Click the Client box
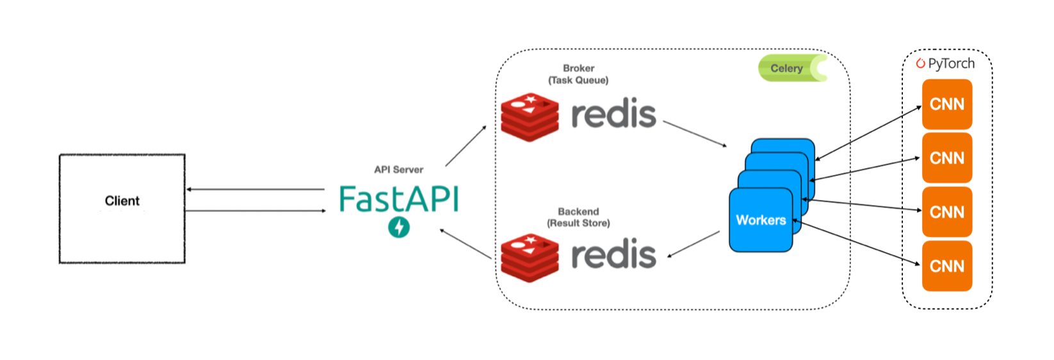pyautogui.click(x=122, y=208)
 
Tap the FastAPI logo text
pyautogui.click(x=398, y=199)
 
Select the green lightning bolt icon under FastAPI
pyautogui.click(x=399, y=227)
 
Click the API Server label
pyautogui.click(x=398, y=170)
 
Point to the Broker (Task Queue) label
pyautogui.click(x=578, y=74)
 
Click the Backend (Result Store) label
pyautogui.click(x=578, y=217)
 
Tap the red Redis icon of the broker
pyautogui.click(x=530, y=117)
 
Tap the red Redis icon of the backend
pyautogui.click(x=530, y=258)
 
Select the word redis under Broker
pyautogui.click(x=613, y=115)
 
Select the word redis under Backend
pyautogui.click(x=613, y=255)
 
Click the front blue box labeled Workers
pyautogui.click(x=761, y=220)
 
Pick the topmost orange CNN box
pyautogui.click(x=946, y=104)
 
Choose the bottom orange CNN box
pyautogui.click(x=946, y=266)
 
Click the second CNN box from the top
pyautogui.click(x=946, y=158)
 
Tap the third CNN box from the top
pyautogui.click(x=946, y=212)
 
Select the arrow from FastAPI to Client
pyautogui.click(x=256, y=190)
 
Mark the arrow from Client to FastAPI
pyautogui.click(x=256, y=211)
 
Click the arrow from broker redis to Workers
pyautogui.click(x=695, y=134)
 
